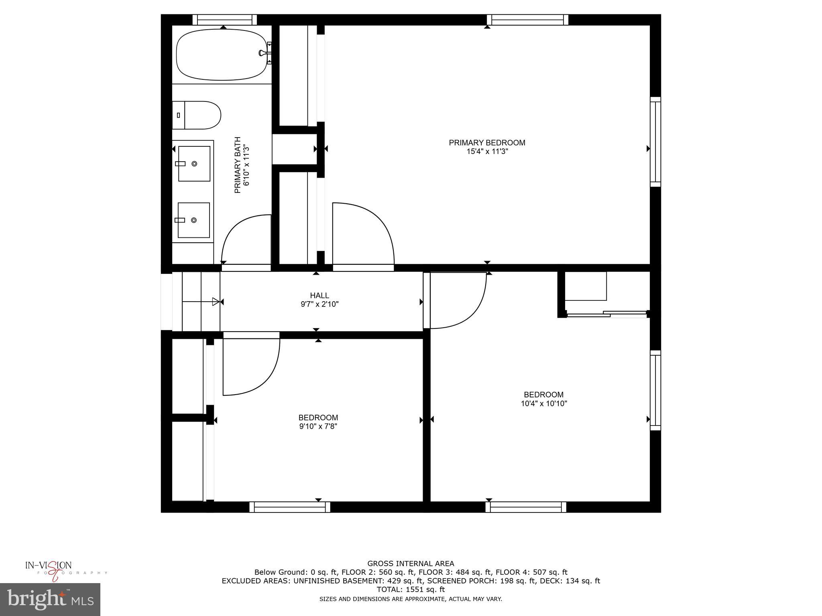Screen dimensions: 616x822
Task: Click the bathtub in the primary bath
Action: (222, 54)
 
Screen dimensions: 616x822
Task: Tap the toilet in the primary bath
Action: (197, 115)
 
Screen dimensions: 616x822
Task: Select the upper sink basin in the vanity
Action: (194, 164)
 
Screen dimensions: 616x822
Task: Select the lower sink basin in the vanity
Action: (194, 220)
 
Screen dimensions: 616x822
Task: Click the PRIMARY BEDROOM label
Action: (487, 143)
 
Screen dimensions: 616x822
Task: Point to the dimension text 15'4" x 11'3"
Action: (487, 152)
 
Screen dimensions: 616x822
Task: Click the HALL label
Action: (319, 296)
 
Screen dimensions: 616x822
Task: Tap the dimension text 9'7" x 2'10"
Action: (319, 304)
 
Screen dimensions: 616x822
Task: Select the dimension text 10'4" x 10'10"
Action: (543, 403)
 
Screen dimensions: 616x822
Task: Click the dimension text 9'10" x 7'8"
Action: (318, 426)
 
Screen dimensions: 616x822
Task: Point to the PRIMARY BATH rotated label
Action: (238, 165)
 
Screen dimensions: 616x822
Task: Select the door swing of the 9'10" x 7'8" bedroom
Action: (251, 367)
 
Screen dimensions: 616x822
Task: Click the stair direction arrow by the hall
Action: (216, 302)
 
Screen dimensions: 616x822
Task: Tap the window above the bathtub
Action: (224, 20)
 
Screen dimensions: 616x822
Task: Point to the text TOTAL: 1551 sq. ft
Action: (410, 590)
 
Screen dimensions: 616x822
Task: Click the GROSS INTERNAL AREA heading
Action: (411, 563)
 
